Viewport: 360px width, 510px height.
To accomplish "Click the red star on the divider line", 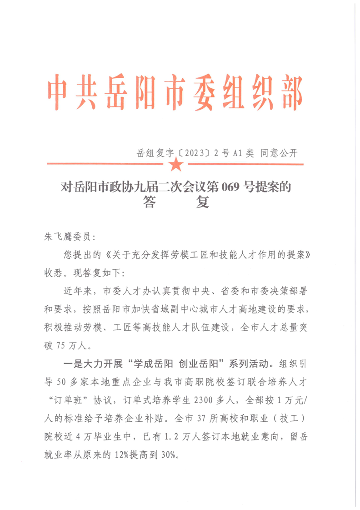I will pos(175,165).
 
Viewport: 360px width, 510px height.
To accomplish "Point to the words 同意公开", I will pos(278,153).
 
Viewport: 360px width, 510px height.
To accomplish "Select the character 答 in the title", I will pos(151,202).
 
